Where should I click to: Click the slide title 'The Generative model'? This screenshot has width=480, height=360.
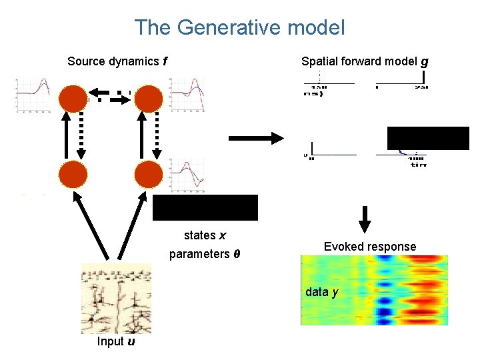pos(239,27)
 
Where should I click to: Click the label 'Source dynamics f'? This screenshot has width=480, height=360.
pos(117,61)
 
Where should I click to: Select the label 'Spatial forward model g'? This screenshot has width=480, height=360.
pos(365,61)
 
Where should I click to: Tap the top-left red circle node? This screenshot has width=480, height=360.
pos(73,99)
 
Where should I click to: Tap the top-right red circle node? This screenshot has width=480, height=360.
pos(149,99)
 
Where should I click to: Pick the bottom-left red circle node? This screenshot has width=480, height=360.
pos(73,175)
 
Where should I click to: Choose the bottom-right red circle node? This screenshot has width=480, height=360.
pos(149,175)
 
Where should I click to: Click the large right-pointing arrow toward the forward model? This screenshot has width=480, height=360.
pos(256,138)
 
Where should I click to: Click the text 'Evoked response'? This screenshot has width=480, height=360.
pos(369,247)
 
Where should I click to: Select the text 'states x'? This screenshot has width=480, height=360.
pos(205,235)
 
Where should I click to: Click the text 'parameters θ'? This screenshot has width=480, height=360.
pos(205,255)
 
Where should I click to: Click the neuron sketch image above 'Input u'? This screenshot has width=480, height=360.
pos(116,298)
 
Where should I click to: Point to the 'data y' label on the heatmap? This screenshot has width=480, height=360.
pos(322,292)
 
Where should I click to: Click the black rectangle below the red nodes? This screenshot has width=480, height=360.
pos(205,207)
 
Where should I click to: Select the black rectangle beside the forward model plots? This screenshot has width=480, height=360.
pos(428,138)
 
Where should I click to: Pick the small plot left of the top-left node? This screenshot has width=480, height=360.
pos(33,95)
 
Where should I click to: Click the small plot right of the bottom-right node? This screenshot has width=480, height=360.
pos(187,175)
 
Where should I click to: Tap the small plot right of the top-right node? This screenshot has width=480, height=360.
pos(187,95)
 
